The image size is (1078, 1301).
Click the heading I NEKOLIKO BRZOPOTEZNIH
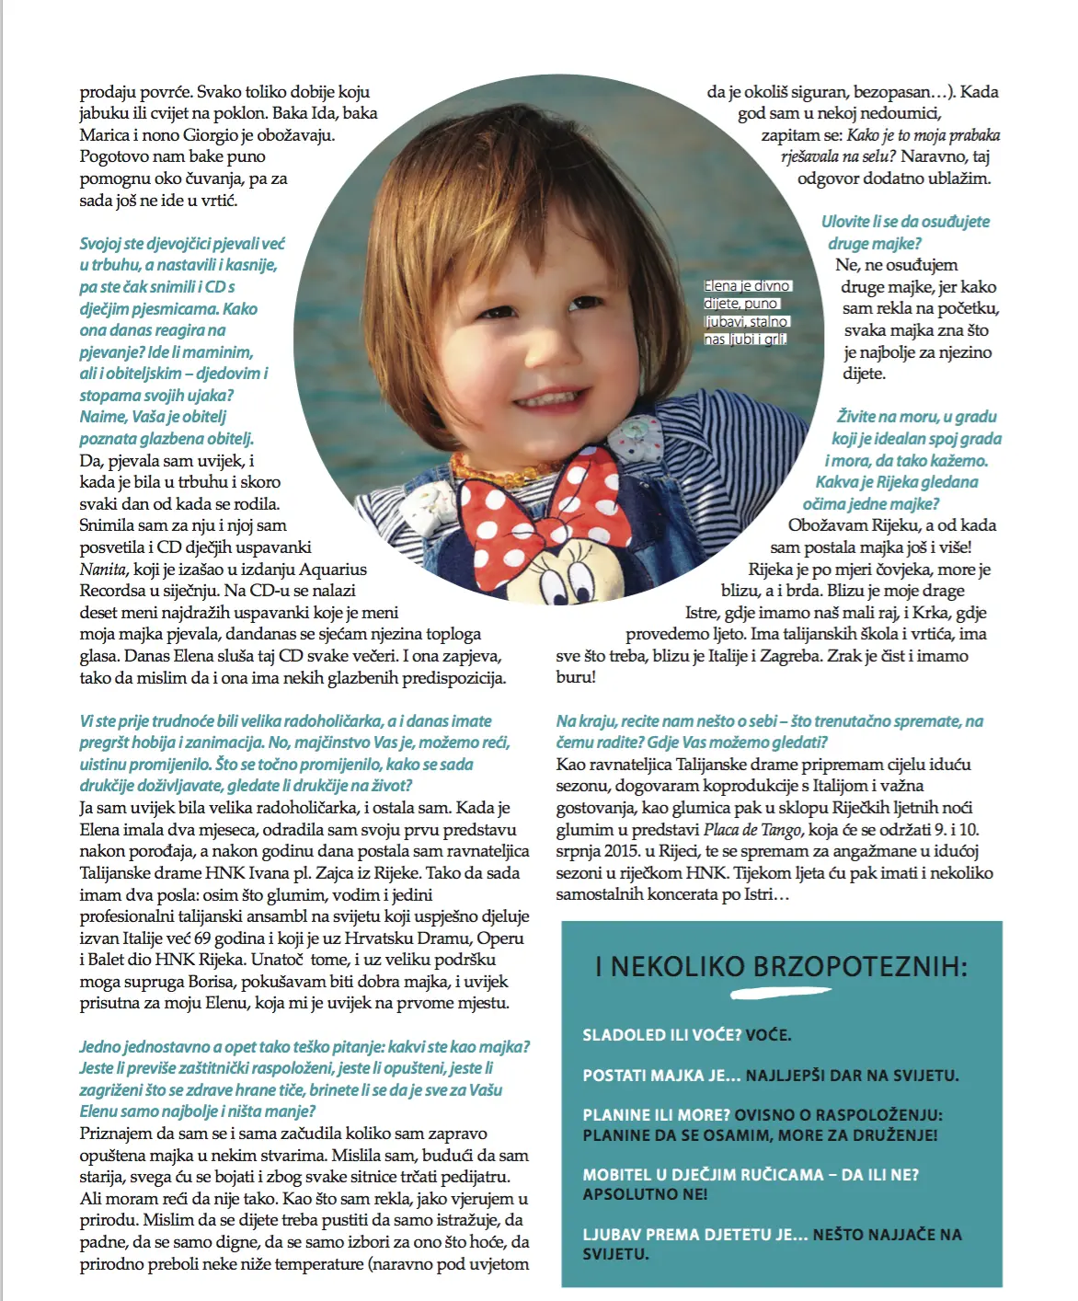[x=781, y=966]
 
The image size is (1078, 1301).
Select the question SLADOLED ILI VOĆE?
[x=662, y=1035]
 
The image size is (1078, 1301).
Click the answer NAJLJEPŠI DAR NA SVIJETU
[x=852, y=1076]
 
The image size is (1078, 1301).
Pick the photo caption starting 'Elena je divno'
[x=747, y=313]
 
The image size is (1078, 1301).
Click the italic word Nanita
[x=102, y=570]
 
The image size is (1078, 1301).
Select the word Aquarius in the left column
[x=332, y=570]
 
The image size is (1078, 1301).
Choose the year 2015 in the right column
[x=622, y=851]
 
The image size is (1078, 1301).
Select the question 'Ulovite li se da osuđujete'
[x=905, y=222]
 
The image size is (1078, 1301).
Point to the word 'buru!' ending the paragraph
[x=576, y=677]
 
